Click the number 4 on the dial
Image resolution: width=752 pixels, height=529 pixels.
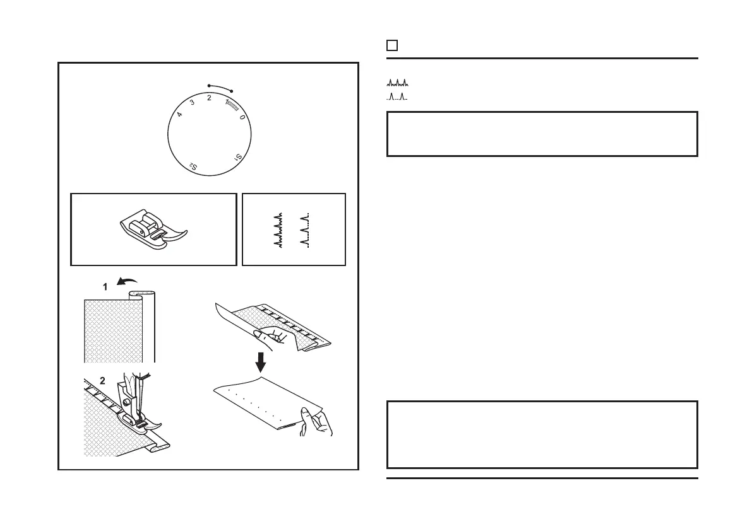180,115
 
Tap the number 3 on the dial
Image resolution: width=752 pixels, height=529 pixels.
192,103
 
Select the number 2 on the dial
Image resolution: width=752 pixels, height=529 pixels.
209,98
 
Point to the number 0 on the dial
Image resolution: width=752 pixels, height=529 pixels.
242,117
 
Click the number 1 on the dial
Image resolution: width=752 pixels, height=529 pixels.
227,102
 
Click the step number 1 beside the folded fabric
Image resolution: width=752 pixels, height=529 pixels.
106,286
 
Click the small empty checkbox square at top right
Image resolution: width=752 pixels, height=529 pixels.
392,45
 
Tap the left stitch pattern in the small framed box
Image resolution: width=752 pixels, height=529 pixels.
278,230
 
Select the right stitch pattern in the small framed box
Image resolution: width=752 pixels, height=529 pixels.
304,230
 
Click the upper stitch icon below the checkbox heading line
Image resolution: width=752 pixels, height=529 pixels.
398,83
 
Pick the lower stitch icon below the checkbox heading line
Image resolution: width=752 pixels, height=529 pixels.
398,96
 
